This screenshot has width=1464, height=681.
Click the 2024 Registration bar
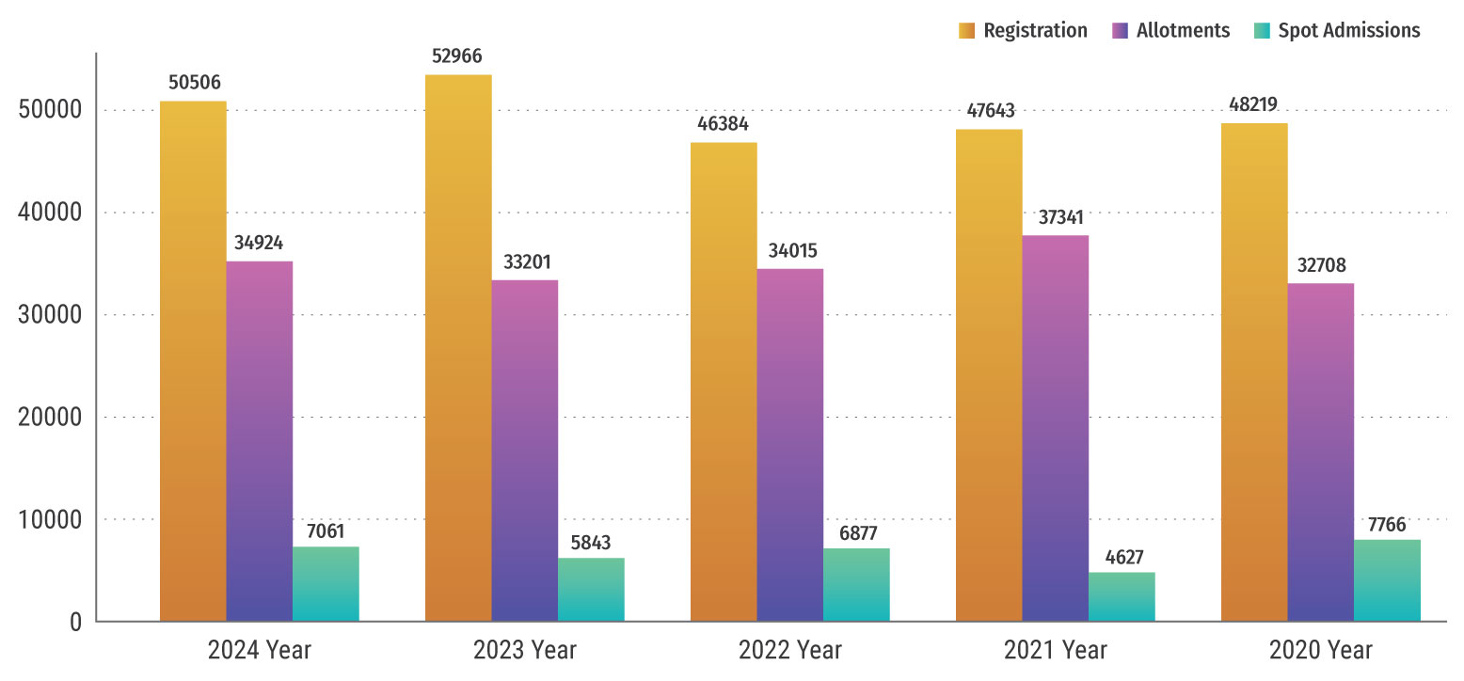(193, 361)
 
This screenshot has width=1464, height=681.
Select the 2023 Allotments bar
(524, 451)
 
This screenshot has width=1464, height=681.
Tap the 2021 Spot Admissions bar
(1122, 596)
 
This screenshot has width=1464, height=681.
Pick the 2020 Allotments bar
(1320, 451)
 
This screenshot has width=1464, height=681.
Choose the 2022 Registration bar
(724, 382)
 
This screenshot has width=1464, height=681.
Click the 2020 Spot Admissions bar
(1387, 580)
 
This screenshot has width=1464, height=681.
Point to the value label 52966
(457, 55)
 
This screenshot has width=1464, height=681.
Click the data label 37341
(1055, 217)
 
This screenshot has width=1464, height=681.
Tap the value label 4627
(1122, 555)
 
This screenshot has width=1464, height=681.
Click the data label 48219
(1253, 104)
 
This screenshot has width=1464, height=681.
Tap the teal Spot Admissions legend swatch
(1262, 31)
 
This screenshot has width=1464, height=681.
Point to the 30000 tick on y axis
(51, 315)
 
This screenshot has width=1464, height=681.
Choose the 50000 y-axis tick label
(51, 110)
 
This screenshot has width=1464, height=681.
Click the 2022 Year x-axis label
(790, 650)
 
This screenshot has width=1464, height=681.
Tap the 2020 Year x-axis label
(1320, 650)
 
